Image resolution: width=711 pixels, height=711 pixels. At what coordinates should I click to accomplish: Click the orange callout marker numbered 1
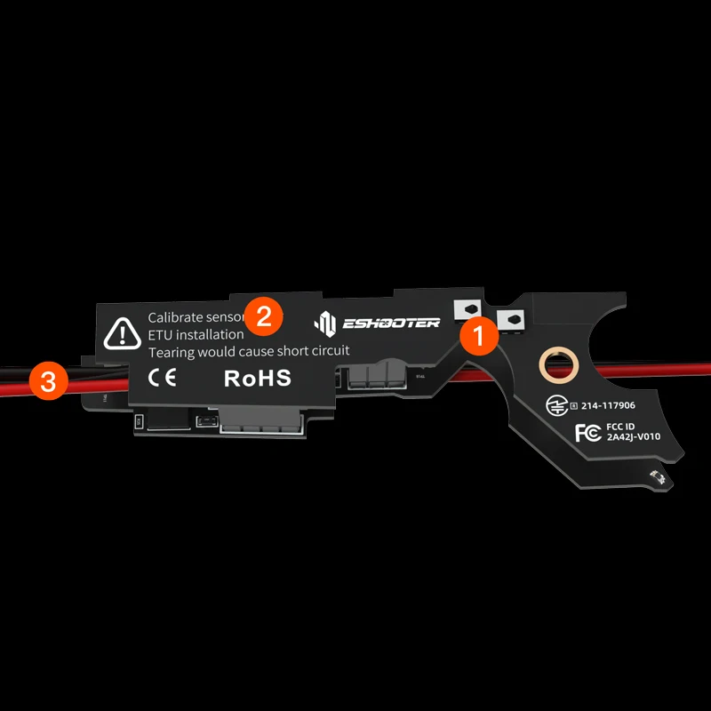point(477,336)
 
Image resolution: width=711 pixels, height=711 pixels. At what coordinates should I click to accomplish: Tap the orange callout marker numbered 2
point(263,315)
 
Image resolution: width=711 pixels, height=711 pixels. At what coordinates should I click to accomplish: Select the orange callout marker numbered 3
point(48,382)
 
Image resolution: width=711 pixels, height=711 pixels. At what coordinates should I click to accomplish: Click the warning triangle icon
point(117,333)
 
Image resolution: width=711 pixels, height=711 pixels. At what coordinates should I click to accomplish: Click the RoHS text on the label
point(257,378)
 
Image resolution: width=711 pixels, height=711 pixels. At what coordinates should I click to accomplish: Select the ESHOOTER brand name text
point(391,323)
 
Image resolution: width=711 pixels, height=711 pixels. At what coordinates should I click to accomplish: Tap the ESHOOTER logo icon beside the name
point(326,322)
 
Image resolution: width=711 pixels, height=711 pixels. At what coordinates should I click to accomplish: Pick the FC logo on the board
point(587,433)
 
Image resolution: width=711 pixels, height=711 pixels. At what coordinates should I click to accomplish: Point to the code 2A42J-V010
point(633,437)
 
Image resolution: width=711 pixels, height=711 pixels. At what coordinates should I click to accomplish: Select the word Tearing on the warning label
point(170,351)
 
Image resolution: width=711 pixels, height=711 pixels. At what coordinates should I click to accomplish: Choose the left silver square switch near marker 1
point(467,309)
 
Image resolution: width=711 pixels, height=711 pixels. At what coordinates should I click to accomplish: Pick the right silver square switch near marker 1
point(510,319)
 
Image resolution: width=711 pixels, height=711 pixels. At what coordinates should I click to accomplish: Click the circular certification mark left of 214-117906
point(555,405)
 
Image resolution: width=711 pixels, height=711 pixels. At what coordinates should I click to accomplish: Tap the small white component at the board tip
point(659,477)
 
